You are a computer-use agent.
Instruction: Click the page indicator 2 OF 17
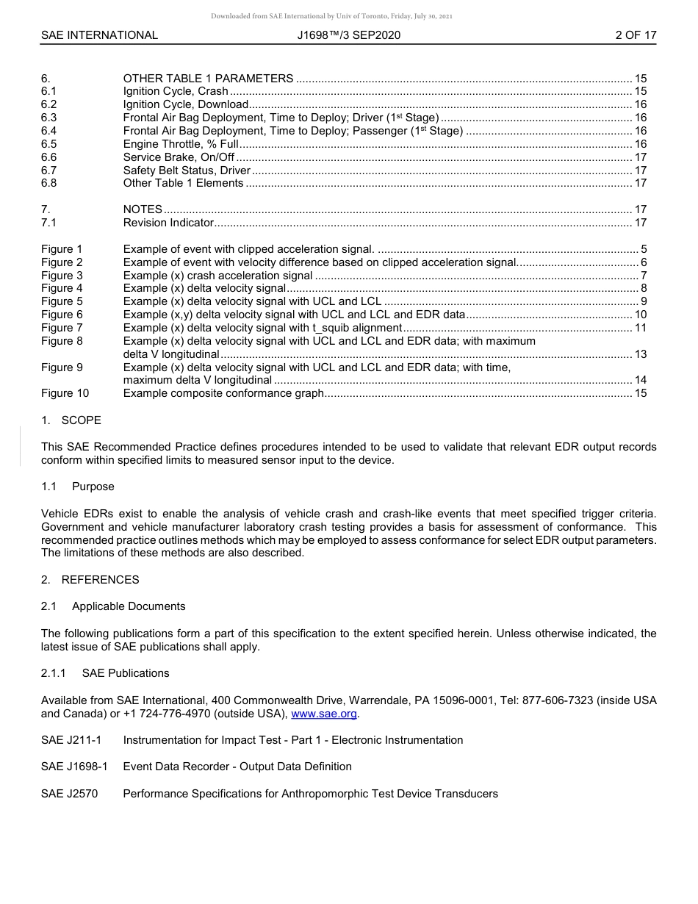point(636,35)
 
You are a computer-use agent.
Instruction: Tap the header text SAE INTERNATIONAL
point(99,35)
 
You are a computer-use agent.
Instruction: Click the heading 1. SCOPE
point(71,420)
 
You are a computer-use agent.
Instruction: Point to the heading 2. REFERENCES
point(90,580)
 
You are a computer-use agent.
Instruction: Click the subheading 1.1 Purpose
point(78,487)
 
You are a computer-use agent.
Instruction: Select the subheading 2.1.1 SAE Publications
point(105,673)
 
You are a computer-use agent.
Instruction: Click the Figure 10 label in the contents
point(65,393)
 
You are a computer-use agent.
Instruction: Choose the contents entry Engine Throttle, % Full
point(181,144)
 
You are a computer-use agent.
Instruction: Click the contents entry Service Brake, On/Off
point(179,157)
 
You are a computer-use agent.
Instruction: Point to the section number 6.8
point(48,183)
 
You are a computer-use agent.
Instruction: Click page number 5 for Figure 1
point(644,249)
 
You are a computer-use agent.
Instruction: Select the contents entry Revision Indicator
point(168,223)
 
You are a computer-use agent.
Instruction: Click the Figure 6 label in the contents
point(62,315)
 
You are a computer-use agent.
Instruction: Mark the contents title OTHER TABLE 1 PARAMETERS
point(208,79)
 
